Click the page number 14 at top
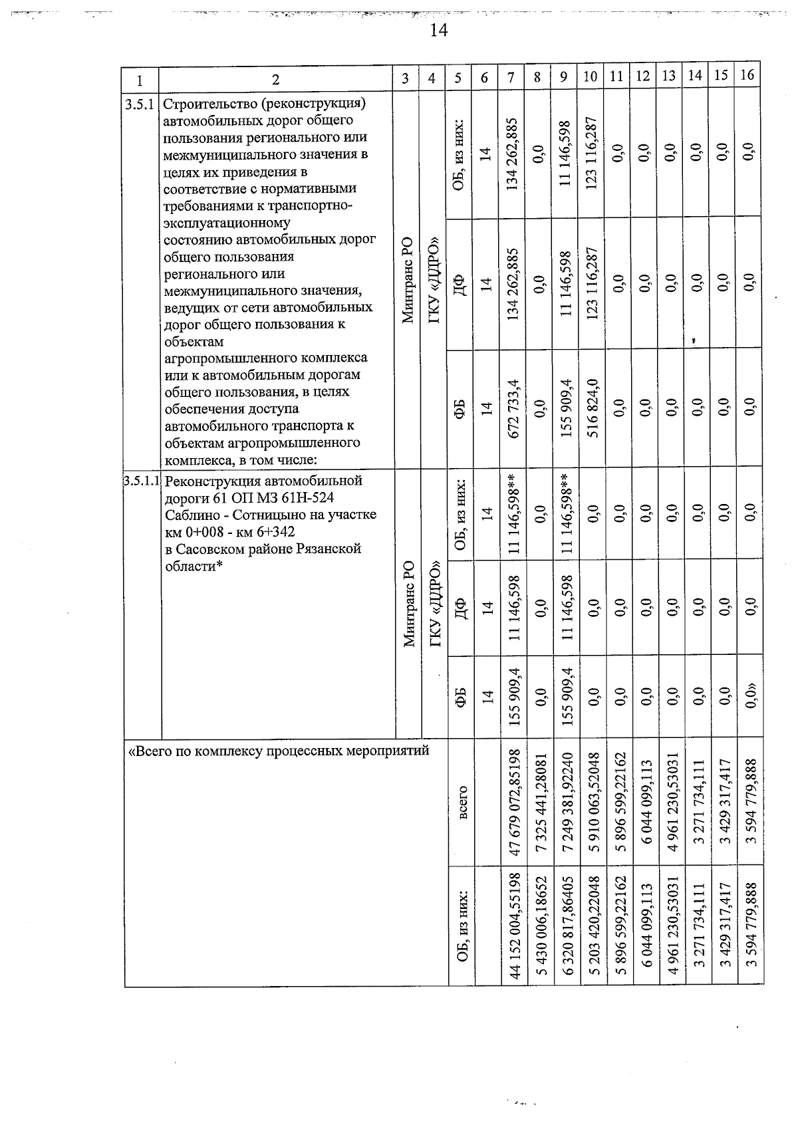coord(438,30)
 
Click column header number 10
coord(590,77)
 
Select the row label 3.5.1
coord(140,104)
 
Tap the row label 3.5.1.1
coord(142,480)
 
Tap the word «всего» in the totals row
coord(462,801)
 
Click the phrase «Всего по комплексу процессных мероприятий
coord(279,751)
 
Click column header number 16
coord(748,76)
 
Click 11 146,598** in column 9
coord(565,515)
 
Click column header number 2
coord(275,78)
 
